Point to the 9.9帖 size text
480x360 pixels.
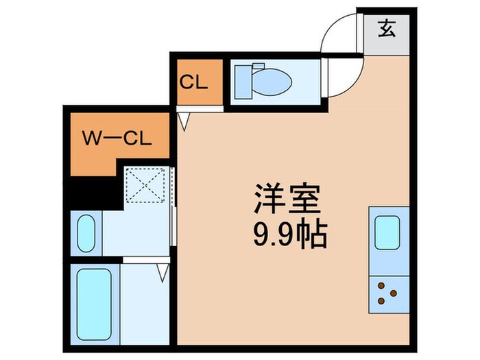[287, 236]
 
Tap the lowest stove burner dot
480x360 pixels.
[381, 300]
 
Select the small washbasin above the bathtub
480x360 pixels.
[86, 233]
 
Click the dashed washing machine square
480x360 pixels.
[146, 184]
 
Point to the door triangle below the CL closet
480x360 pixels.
[183, 121]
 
